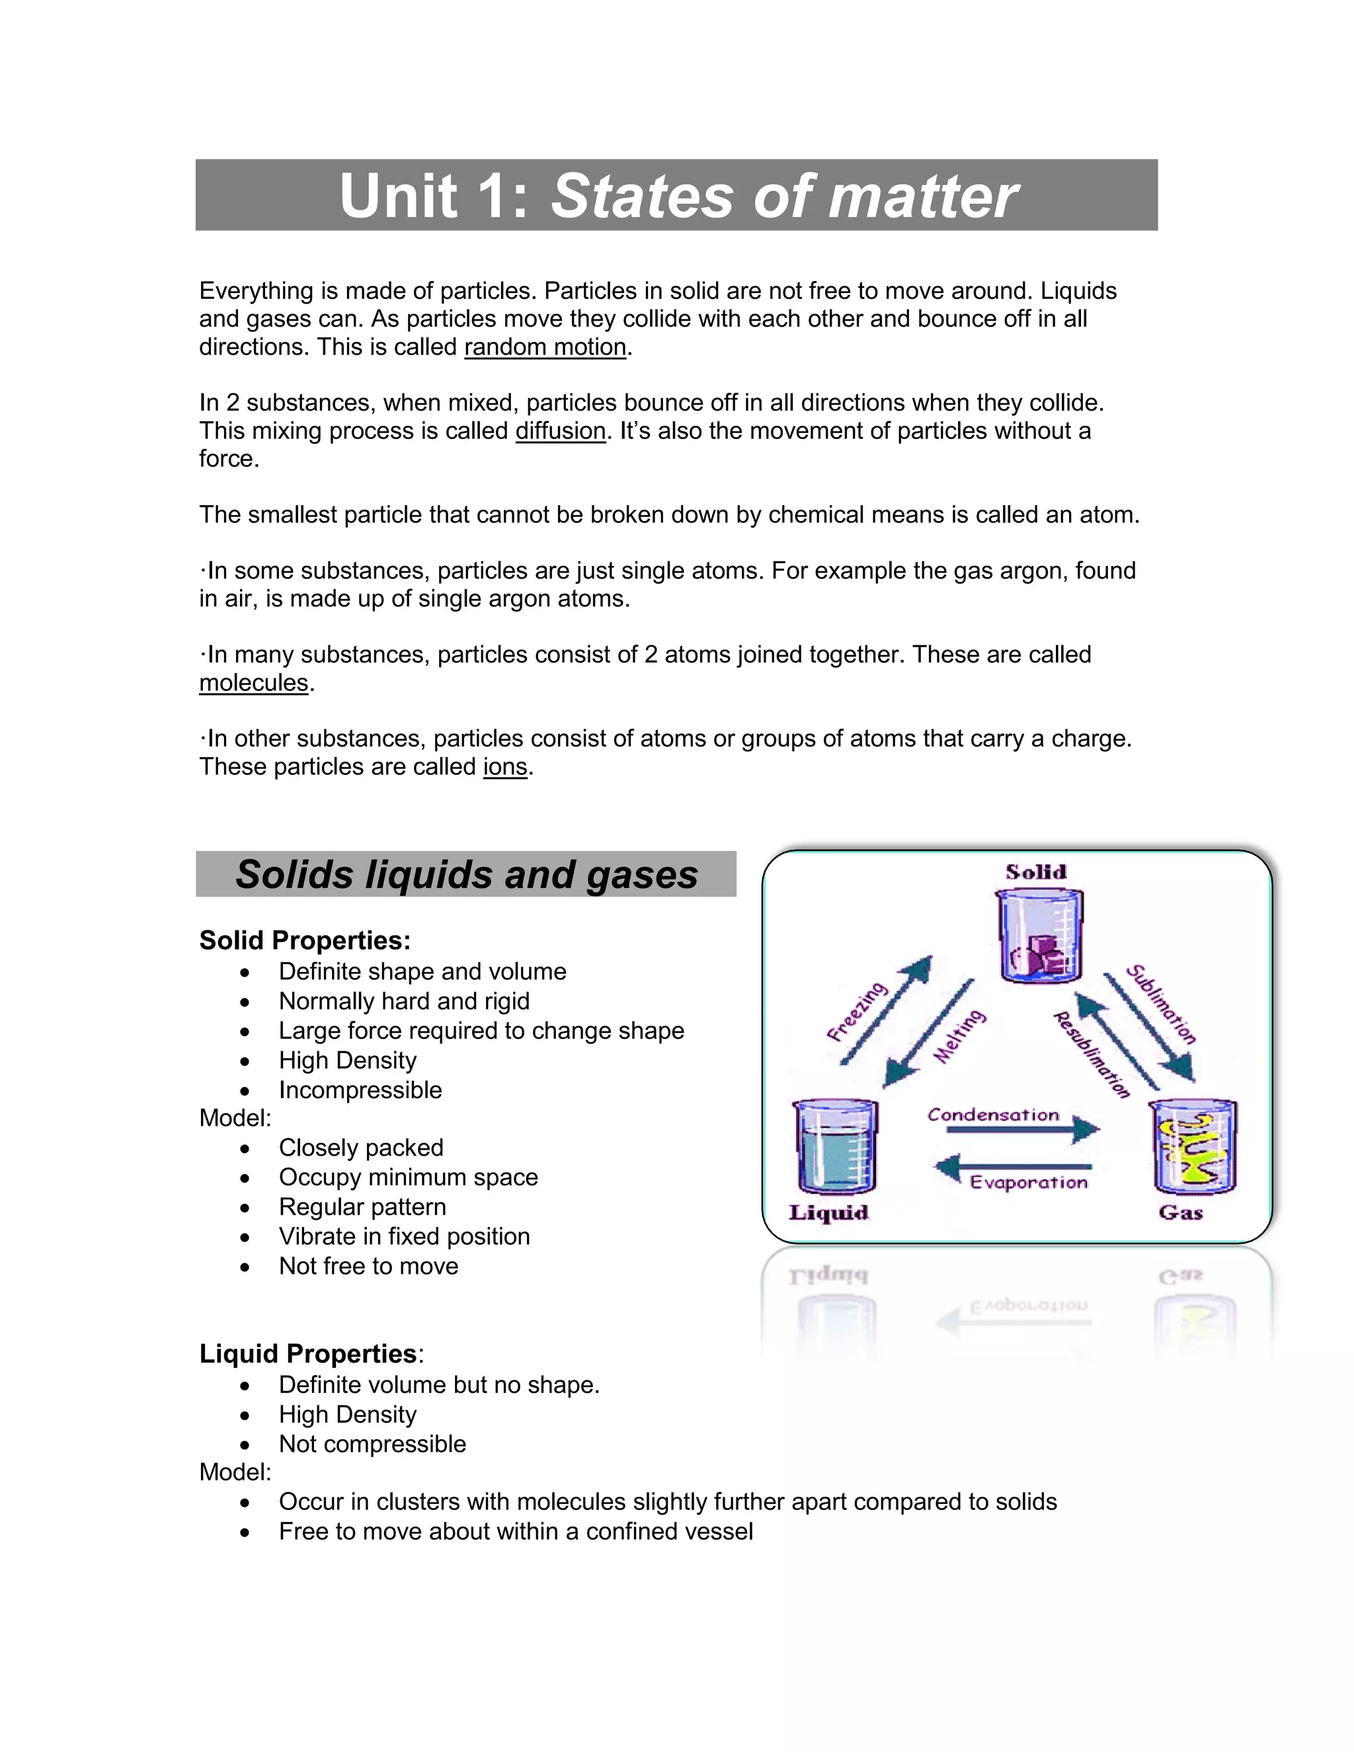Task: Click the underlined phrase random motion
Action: click(545, 346)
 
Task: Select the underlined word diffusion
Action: click(560, 431)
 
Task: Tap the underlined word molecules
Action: click(253, 683)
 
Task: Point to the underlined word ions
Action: click(504, 767)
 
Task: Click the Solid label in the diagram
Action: click(1035, 872)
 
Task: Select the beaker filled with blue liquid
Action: click(834, 1147)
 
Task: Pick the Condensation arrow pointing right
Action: click(1023, 1129)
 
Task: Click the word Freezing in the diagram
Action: click(857, 1011)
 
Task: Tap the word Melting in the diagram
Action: click(959, 1037)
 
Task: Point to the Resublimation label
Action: click(1091, 1055)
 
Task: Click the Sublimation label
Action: click(1161, 1004)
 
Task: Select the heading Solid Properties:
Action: click(305, 940)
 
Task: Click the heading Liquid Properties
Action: click(308, 1353)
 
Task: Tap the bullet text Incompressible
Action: click(360, 1090)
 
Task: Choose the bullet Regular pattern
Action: click(362, 1207)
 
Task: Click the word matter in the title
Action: click(922, 196)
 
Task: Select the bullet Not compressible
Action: click(372, 1444)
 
